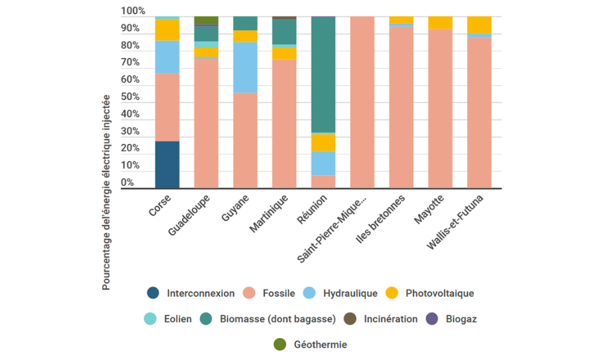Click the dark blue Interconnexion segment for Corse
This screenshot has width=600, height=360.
pos(167,165)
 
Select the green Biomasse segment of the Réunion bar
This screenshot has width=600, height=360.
pos(323,75)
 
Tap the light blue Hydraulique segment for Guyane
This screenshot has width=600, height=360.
pos(245,67)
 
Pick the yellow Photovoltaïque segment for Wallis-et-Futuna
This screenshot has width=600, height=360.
pos(479,25)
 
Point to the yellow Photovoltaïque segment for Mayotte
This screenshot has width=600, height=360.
pos(440,23)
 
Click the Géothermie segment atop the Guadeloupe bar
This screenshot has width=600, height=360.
pos(206,20)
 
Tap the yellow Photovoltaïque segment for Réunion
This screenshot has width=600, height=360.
pos(323,143)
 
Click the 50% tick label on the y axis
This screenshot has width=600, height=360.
pos(131,97)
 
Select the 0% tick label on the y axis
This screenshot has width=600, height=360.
pos(127,183)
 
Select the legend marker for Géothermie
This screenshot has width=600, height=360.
pos(280,345)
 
